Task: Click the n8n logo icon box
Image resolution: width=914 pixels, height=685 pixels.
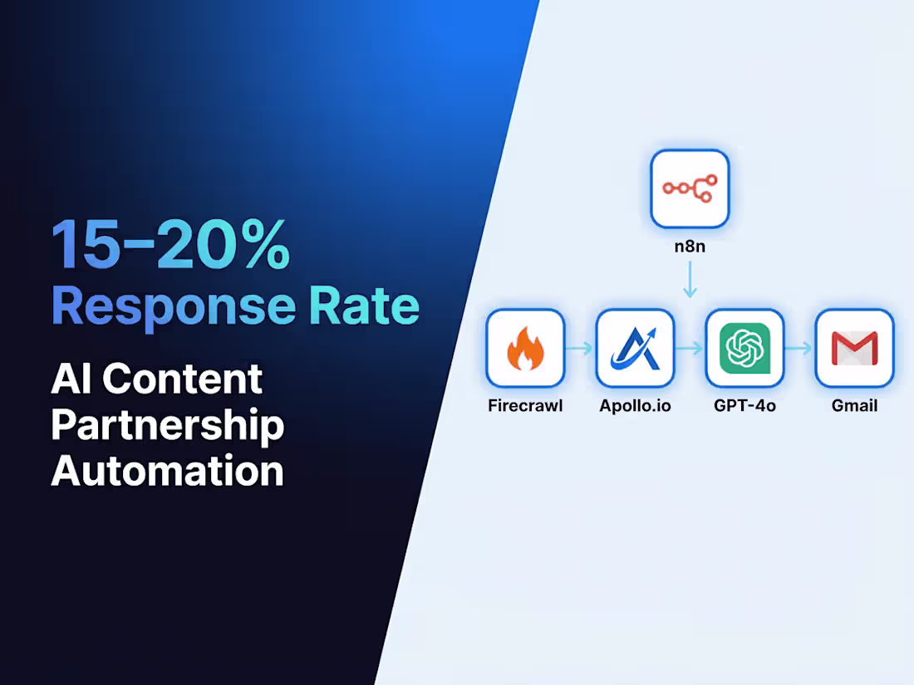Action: pos(690,188)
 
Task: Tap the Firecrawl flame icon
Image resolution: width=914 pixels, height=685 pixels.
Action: pos(525,349)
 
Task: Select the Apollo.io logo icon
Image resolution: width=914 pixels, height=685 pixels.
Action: pos(635,349)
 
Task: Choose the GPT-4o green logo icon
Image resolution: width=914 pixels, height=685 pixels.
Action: pos(744,349)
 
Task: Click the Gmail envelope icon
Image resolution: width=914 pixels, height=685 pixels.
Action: pos(854,349)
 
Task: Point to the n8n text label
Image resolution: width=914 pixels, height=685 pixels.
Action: pos(690,248)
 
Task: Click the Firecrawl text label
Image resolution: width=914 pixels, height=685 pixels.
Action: pos(525,407)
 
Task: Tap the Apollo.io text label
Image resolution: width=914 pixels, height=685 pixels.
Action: pos(635,407)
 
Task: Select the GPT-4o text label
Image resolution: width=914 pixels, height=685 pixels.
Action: pos(744,407)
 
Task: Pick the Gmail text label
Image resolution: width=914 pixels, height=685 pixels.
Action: pos(854,407)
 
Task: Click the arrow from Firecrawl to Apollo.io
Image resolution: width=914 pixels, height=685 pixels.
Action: pos(580,349)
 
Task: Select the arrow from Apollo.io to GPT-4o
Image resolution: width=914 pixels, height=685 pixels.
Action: pos(690,349)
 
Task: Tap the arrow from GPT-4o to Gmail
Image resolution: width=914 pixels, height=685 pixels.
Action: pos(799,349)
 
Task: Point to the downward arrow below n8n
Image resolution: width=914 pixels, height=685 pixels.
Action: pos(690,282)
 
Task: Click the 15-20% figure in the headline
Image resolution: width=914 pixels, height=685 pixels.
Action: pos(170,247)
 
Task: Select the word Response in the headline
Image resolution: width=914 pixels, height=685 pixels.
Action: pos(173,307)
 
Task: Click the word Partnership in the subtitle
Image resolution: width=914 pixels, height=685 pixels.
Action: pos(167,426)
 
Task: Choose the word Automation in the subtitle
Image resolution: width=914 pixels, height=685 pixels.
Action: pos(167,472)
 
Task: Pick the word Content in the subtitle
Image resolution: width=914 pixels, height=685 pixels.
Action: pos(184,379)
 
